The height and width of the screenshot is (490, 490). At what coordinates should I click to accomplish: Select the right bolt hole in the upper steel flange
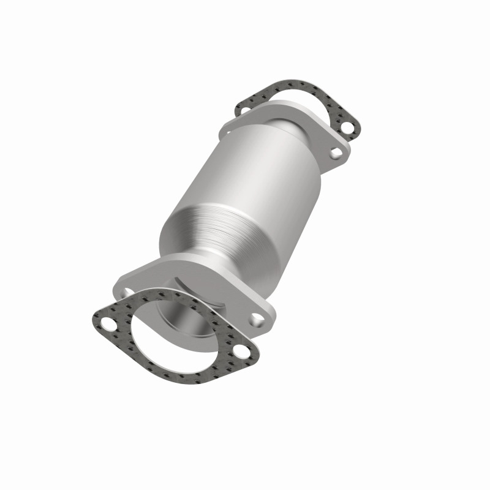[x=335, y=152]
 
